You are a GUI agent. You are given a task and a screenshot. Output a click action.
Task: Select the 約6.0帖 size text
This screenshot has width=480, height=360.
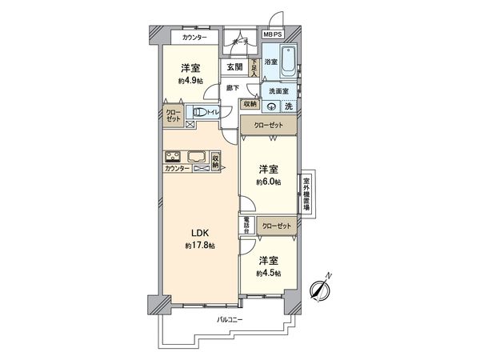[x=268, y=182]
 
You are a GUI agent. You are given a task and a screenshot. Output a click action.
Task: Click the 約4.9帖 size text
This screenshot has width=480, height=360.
[x=189, y=81]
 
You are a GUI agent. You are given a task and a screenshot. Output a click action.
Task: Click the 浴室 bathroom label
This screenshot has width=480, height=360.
[x=272, y=62]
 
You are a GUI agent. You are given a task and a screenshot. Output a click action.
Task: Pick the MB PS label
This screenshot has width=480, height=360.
[x=273, y=36]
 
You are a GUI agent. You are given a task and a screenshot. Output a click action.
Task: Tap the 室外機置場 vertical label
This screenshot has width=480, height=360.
[x=306, y=192]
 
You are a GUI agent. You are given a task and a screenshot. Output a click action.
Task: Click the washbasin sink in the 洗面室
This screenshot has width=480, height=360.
[x=273, y=106]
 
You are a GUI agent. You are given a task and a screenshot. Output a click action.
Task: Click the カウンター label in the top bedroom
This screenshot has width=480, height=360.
[x=194, y=38]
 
